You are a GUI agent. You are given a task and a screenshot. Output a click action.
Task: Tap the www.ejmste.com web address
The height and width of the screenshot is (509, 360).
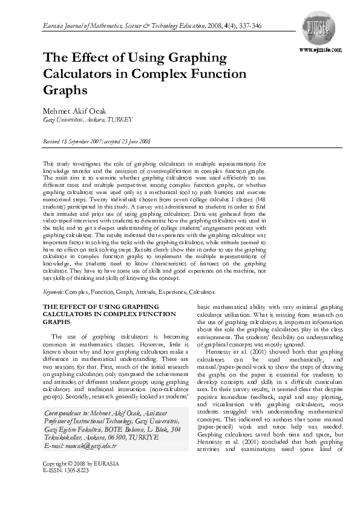[320, 50]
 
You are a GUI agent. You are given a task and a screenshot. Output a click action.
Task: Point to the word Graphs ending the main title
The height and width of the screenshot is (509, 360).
[65, 89]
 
